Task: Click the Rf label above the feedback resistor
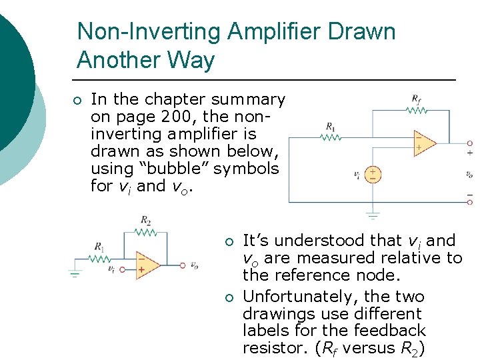click(x=416, y=100)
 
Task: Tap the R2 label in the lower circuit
click(x=145, y=220)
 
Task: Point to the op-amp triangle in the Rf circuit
click(x=423, y=143)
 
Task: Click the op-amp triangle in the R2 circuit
click(x=146, y=265)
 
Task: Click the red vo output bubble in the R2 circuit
click(x=182, y=265)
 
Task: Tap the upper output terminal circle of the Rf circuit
click(x=469, y=143)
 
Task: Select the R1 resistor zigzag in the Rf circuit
click(x=331, y=138)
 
